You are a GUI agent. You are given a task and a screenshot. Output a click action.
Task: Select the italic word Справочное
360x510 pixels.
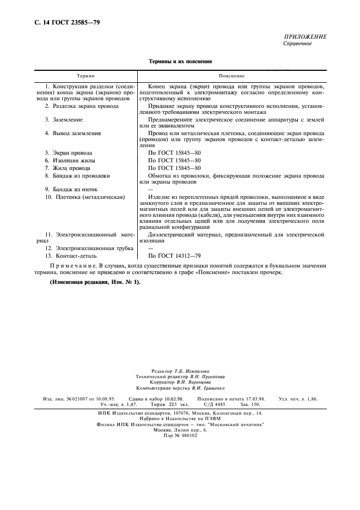pos(297,44)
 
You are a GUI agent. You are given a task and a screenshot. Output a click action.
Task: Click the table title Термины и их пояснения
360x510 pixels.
pos(180,62)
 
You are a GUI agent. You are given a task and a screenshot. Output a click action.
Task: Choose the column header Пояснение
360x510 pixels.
pos(232,76)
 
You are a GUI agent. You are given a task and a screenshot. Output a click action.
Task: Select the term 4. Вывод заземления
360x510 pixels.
pos(74,133)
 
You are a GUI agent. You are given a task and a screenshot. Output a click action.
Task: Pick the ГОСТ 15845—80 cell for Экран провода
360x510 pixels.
pos(174,153)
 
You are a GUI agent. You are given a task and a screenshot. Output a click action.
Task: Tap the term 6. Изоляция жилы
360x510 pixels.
pos(70,161)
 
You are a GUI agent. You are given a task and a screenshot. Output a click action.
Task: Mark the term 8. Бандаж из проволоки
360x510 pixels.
pos(77,176)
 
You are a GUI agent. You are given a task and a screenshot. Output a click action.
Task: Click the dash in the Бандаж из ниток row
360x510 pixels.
pos(151,189)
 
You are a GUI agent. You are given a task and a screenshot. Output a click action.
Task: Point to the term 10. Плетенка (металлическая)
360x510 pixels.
pos(85,197)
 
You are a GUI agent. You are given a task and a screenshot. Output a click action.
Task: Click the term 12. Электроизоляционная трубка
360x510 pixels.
pos(82,248)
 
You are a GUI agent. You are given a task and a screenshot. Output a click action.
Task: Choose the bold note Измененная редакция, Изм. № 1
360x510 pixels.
pos(95,282)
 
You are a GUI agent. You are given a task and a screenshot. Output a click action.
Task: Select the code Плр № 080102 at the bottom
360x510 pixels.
pos(180,435)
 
